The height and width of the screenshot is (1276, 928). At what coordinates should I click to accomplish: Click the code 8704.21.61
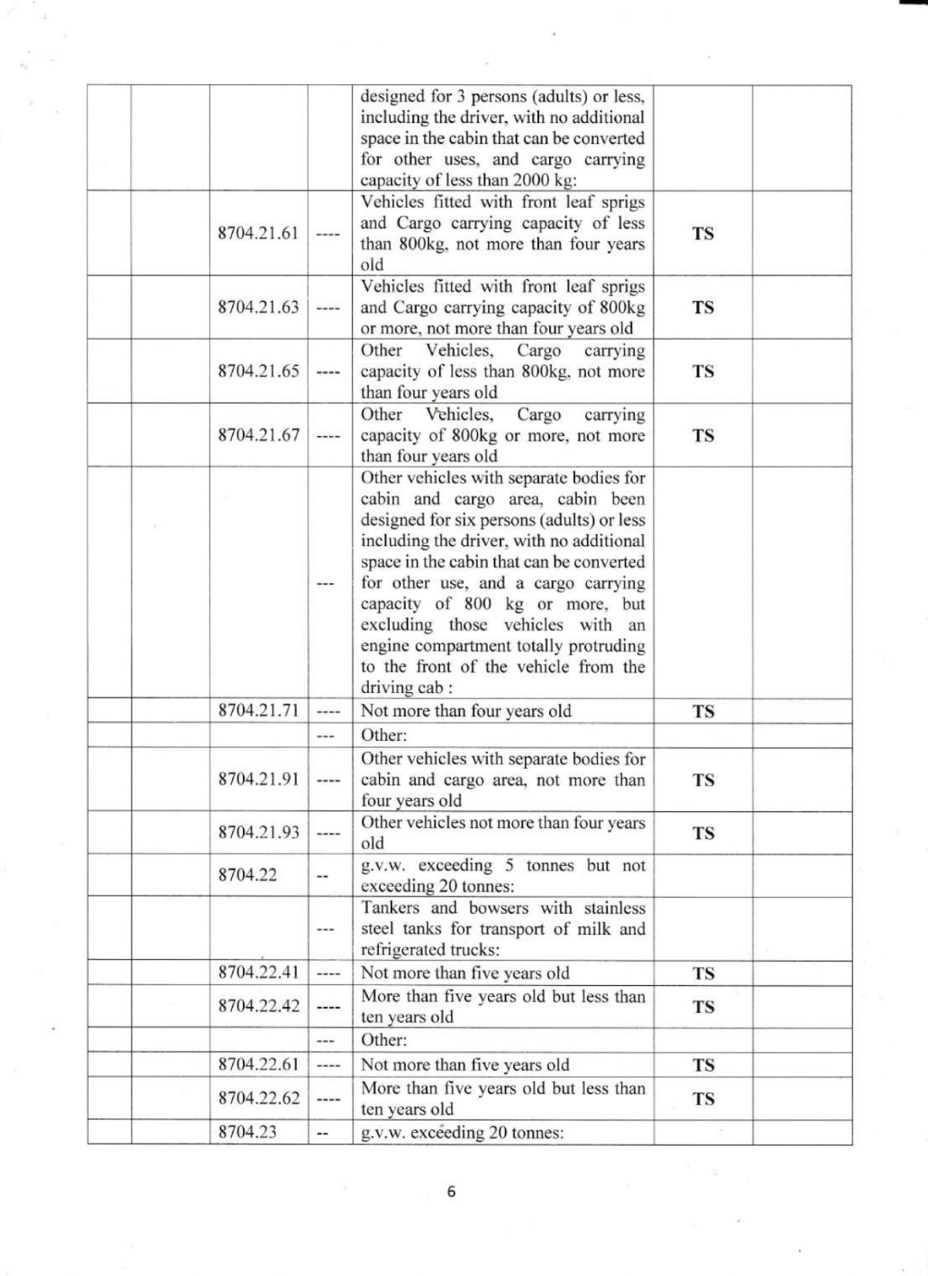coord(258,234)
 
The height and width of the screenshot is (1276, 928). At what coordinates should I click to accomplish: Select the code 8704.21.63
coord(258,307)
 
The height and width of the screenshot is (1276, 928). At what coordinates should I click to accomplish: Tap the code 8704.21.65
coord(258,371)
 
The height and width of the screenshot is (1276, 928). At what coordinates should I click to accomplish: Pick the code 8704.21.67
coord(258,435)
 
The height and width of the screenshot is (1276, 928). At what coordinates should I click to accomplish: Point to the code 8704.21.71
coord(258,711)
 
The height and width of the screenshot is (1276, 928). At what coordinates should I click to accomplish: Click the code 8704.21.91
coord(258,780)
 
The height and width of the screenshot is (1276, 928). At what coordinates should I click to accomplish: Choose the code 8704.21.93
coord(258,833)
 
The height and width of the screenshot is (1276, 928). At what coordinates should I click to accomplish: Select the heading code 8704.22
coord(247,875)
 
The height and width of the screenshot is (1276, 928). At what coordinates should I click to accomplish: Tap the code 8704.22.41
coord(258,973)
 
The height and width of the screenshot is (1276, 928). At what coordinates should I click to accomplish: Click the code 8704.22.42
coord(258,1006)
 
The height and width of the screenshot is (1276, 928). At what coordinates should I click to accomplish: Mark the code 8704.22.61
coord(258,1065)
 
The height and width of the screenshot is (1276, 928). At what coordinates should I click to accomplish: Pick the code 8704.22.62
coord(258,1098)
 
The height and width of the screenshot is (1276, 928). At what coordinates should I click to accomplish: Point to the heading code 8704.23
coord(247,1132)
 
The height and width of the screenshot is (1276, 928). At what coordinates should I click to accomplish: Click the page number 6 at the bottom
coord(452,1192)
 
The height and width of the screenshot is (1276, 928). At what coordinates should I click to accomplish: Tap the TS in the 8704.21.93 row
coord(703,833)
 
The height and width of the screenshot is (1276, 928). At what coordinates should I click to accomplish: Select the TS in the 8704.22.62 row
coord(703,1098)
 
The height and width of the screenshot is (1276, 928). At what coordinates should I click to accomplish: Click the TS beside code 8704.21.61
coord(703,234)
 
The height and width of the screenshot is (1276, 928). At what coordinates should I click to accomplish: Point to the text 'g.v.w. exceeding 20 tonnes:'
coord(462,1133)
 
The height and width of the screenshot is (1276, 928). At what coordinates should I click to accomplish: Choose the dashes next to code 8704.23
coord(324,1133)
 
